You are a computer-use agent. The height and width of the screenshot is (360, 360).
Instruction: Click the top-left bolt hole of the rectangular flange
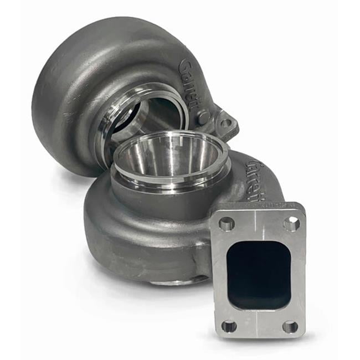227,224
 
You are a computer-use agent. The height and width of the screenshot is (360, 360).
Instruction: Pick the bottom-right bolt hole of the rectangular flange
290,327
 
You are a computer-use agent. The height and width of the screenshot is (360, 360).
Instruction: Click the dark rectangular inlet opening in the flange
258,274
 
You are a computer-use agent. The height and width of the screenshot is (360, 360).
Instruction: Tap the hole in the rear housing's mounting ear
225,123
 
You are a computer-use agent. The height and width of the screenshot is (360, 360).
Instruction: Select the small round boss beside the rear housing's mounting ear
204,117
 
